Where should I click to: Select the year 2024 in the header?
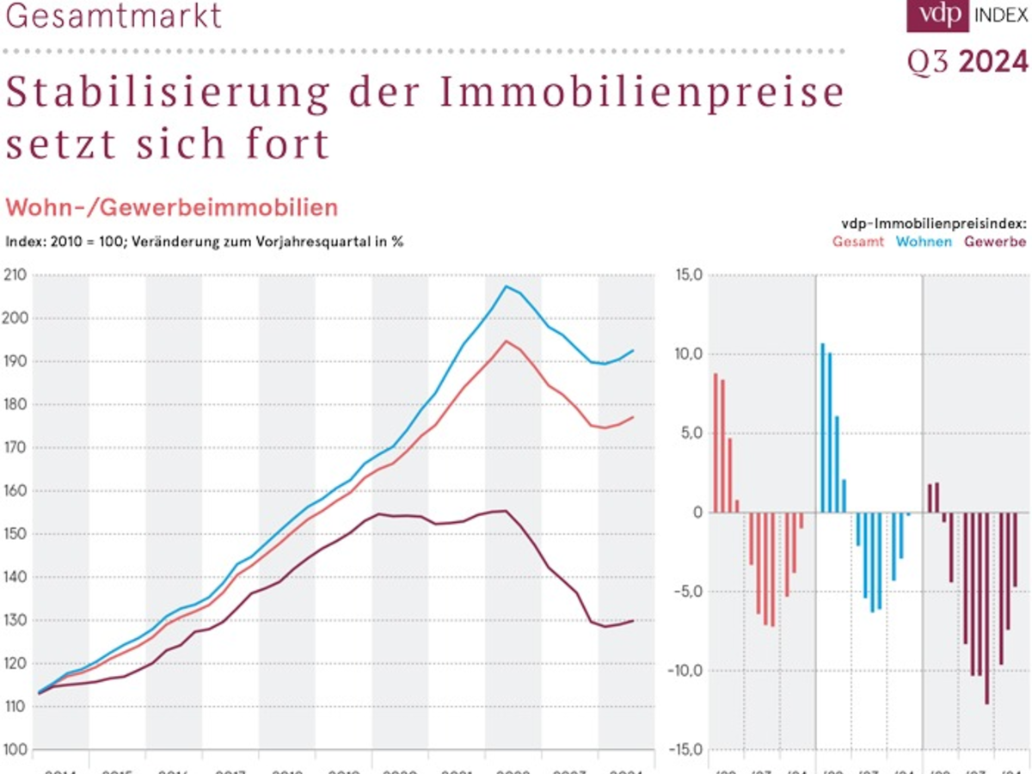(993, 62)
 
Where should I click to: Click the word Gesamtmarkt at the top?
(114, 15)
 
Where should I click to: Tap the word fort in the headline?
(290, 144)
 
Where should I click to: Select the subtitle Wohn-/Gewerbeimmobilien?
(172, 207)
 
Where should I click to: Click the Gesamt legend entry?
(857, 242)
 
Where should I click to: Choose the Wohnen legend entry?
(924, 242)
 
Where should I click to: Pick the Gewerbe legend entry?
(995, 242)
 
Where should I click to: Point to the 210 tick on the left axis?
(15, 275)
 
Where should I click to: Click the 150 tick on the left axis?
(15, 534)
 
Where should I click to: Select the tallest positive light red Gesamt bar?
(716, 443)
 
